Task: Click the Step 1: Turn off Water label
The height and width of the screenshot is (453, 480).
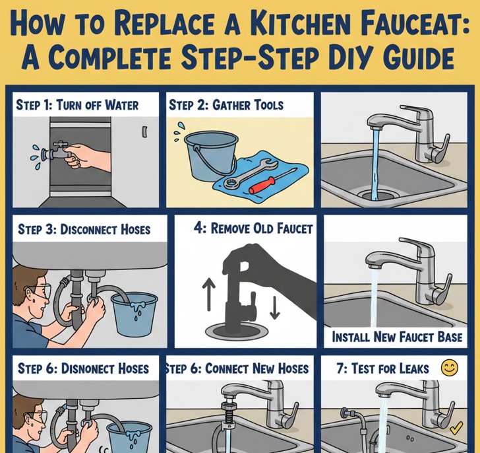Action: point(76,104)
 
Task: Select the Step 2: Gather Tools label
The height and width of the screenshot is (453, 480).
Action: point(226,104)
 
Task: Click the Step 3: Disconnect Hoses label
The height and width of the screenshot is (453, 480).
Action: point(84,230)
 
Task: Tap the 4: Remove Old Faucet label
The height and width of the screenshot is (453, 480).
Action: point(253,228)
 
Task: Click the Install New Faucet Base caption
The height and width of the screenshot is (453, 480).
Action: point(396,337)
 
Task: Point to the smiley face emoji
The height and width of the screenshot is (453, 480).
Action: point(450,368)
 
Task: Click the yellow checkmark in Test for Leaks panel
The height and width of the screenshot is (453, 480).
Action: point(455,429)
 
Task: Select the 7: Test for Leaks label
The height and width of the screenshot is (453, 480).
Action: point(382,368)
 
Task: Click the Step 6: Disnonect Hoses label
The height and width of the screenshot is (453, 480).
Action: point(83,368)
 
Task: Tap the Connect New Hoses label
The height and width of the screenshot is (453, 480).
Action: point(237,368)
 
